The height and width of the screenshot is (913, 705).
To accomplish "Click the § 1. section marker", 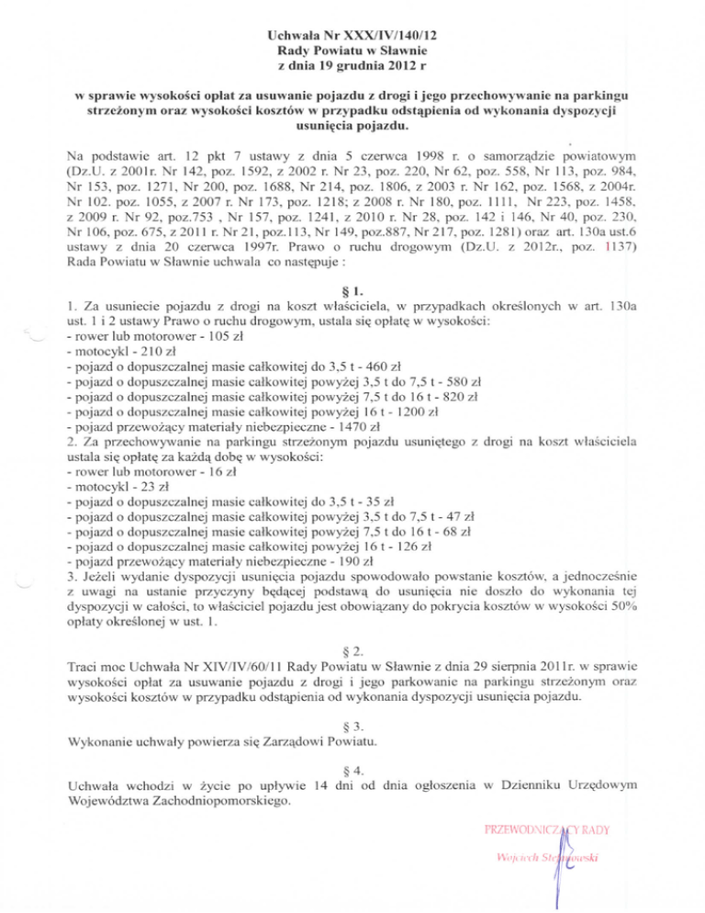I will click(352, 284).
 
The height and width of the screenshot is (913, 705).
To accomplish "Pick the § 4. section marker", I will click(352, 767).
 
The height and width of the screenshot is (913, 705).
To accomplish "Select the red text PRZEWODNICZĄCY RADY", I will click(537, 832).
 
